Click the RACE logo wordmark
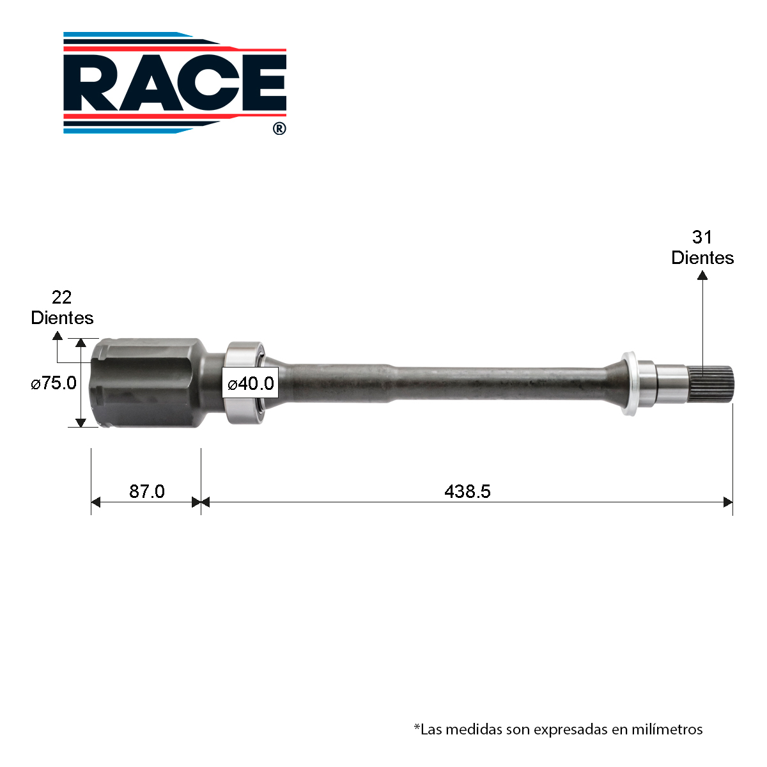(175, 83)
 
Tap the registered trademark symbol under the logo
(279, 128)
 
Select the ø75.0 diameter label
(54, 383)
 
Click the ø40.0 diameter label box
(251, 383)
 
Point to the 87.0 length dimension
(146, 492)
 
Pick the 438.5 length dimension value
(467, 492)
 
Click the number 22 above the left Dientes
(62, 297)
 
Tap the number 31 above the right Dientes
(702, 237)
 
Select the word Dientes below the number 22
(62, 318)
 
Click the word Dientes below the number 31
(702, 258)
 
